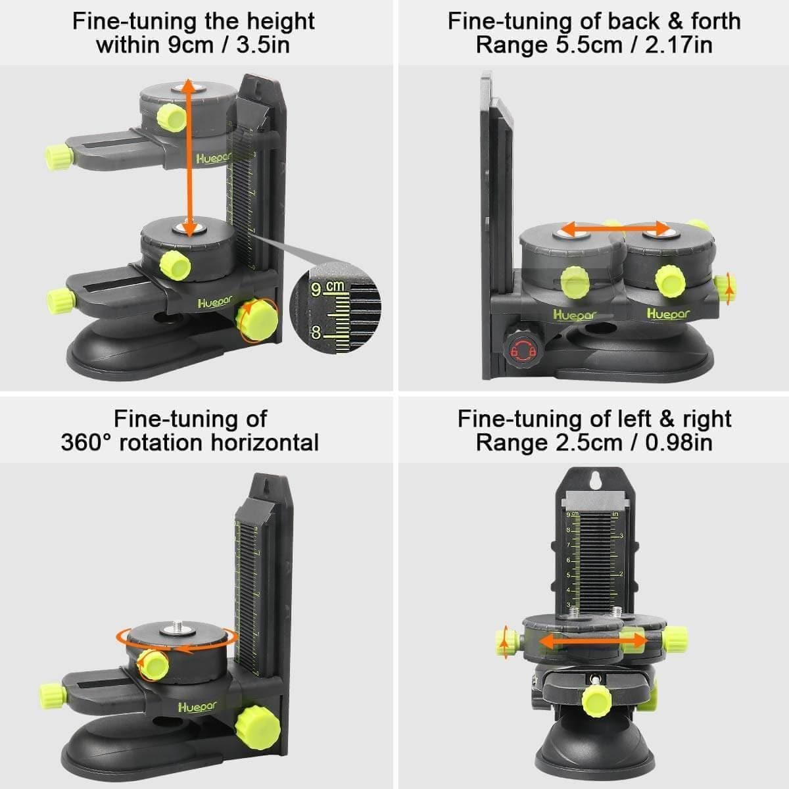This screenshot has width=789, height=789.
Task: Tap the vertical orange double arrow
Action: click(189, 158)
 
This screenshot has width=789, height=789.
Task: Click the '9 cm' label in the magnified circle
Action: click(327, 288)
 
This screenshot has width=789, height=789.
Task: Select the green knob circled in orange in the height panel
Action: click(257, 321)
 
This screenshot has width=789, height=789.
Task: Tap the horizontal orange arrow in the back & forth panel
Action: click(614, 229)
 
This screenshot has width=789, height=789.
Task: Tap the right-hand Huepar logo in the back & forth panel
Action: click(669, 314)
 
